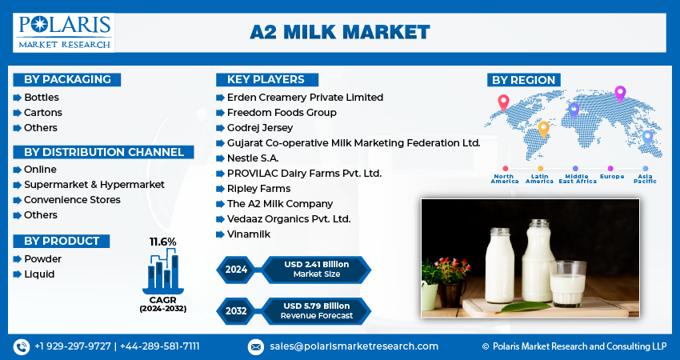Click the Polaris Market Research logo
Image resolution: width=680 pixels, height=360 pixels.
[64, 33]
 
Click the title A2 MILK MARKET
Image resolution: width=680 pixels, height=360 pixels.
[339, 33]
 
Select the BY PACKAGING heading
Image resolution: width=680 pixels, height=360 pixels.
[67, 79]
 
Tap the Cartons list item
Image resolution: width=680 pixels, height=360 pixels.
[43, 112]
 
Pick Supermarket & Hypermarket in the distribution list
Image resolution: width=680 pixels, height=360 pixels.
[94, 184]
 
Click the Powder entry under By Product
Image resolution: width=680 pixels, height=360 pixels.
[42, 259]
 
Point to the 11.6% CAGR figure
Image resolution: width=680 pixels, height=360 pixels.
[163, 242]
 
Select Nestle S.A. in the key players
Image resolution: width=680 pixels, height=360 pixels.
[253, 158]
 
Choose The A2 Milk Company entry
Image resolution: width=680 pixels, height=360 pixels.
[280, 203]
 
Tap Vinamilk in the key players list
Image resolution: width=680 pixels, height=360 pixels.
[249, 234]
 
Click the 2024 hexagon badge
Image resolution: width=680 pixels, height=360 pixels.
[236, 270]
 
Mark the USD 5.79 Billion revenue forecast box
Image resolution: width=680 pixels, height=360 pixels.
[317, 311]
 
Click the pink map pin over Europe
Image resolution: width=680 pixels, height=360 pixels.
[620, 94]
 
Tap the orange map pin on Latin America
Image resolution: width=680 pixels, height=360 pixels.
[543, 130]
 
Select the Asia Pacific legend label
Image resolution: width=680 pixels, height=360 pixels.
[645, 178]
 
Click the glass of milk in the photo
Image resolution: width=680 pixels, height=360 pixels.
[568, 284]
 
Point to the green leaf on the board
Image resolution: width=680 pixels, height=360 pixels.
[523, 307]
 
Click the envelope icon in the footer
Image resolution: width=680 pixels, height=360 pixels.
[256, 346]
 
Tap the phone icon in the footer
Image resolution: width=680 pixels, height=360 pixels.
[22, 346]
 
